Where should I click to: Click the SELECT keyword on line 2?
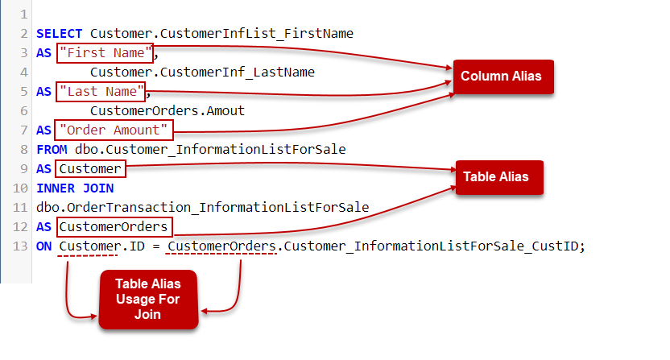pos(61,34)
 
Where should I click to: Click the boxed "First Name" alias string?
pos(105,53)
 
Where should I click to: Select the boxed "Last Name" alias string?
pos(101,91)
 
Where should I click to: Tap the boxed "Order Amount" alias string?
pos(114,130)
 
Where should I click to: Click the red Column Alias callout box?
pos(500,77)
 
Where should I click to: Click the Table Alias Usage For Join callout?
pos(147,299)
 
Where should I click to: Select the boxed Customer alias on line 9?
pos(91,168)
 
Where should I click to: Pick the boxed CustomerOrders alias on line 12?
pos(114,226)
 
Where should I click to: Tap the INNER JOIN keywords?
pos(75,188)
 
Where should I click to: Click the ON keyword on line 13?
pos(45,246)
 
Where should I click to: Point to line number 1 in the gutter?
pos(23,14)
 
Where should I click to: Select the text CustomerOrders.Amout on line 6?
pos(167,110)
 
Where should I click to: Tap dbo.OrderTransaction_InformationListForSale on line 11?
pos(203,207)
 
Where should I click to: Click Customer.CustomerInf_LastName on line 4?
pos(201,72)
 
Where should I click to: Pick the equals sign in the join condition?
pos(158,246)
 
